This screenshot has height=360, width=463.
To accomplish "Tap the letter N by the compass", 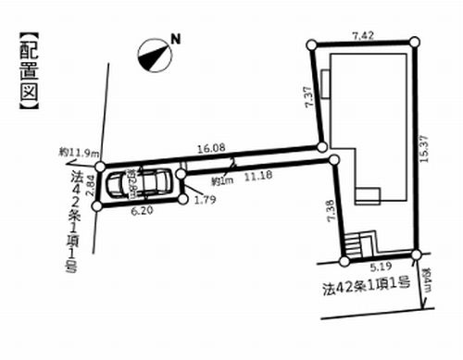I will click(173, 40).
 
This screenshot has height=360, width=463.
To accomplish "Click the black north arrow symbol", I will click(152, 56).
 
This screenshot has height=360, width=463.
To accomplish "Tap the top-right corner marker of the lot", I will click(414, 42).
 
